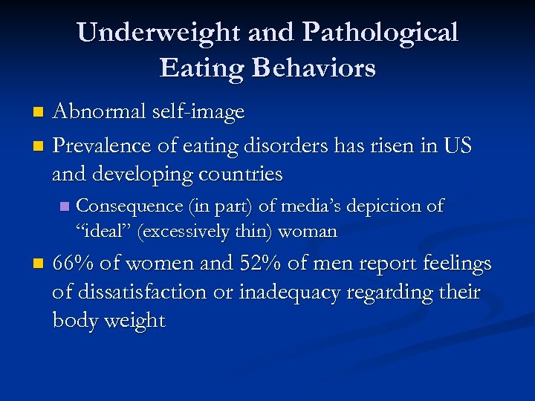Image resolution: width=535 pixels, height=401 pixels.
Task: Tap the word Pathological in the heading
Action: click(x=380, y=33)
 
